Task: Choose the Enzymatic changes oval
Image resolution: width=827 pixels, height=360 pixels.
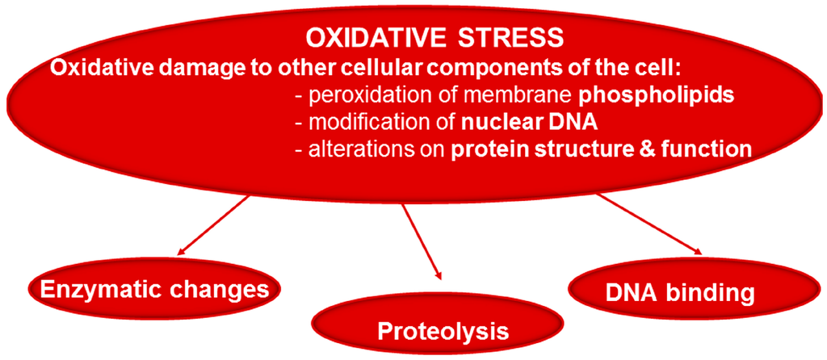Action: coord(155,289)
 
